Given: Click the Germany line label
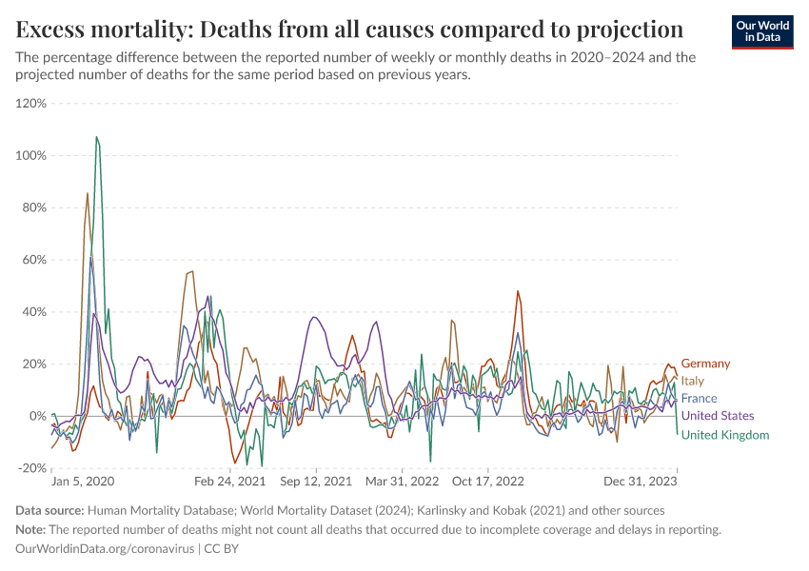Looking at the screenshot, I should pyautogui.click(x=705, y=364).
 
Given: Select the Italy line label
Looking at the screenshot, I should pyautogui.click(x=692, y=381).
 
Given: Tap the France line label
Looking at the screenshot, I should pyautogui.click(x=699, y=398).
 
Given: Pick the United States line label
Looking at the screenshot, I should pyautogui.click(x=718, y=416).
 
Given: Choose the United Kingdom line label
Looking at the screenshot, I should pyautogui.click(x=724, y=435).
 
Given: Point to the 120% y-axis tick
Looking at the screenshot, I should pyautogui.click(x=32, y=103).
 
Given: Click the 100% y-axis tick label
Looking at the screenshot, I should pyautogui.click(x=32, y=155).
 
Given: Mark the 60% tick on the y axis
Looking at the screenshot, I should pyautogui.click(x=35, y=260).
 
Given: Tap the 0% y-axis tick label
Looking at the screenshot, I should pyautogui.click(x=39, y=416).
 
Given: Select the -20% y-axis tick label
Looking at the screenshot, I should pyautogui.click(x=33, y=468).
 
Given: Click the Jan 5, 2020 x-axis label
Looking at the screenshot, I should pyautogui.click(x=83, y=482).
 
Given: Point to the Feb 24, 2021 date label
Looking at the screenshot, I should pyautogui.click(x=230, y=482).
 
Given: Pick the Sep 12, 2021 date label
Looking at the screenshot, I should pyautogui.click(x=317, y=482).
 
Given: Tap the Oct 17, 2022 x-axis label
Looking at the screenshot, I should pyautogui.click(x=489, y=482).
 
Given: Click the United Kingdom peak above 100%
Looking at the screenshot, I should pyautogui.click(x=96, y=137).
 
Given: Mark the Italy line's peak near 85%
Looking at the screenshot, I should pyautogui.click(x=88, y=193).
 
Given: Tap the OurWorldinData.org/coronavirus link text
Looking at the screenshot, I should pyautogui.click(x=105, y=549).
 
